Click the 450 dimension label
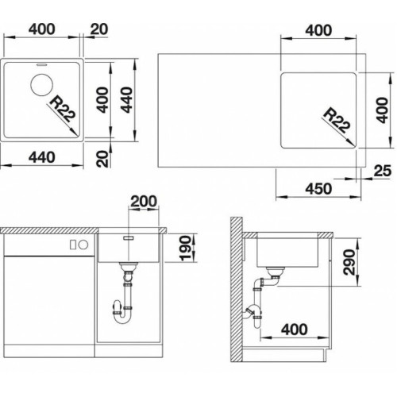pos(318,189)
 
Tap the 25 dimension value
pos(382,171)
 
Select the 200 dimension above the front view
pos(144,202)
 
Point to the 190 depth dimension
pos(185,248)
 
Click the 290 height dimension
pos(349,262)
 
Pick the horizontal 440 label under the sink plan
pos(42,157)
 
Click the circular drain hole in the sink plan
pos(41,85)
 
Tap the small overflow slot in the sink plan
pos(41,64)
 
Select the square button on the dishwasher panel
pos(73,245)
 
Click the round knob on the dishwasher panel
pos(83,245)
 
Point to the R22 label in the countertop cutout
pos(337,121)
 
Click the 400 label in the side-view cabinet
pos(295,330)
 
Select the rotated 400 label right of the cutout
pos(382,110)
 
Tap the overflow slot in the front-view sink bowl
pos(129,238)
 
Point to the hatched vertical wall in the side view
pos(237,290)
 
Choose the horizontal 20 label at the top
pos(99,29)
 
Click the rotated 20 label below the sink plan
pos(102,159)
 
